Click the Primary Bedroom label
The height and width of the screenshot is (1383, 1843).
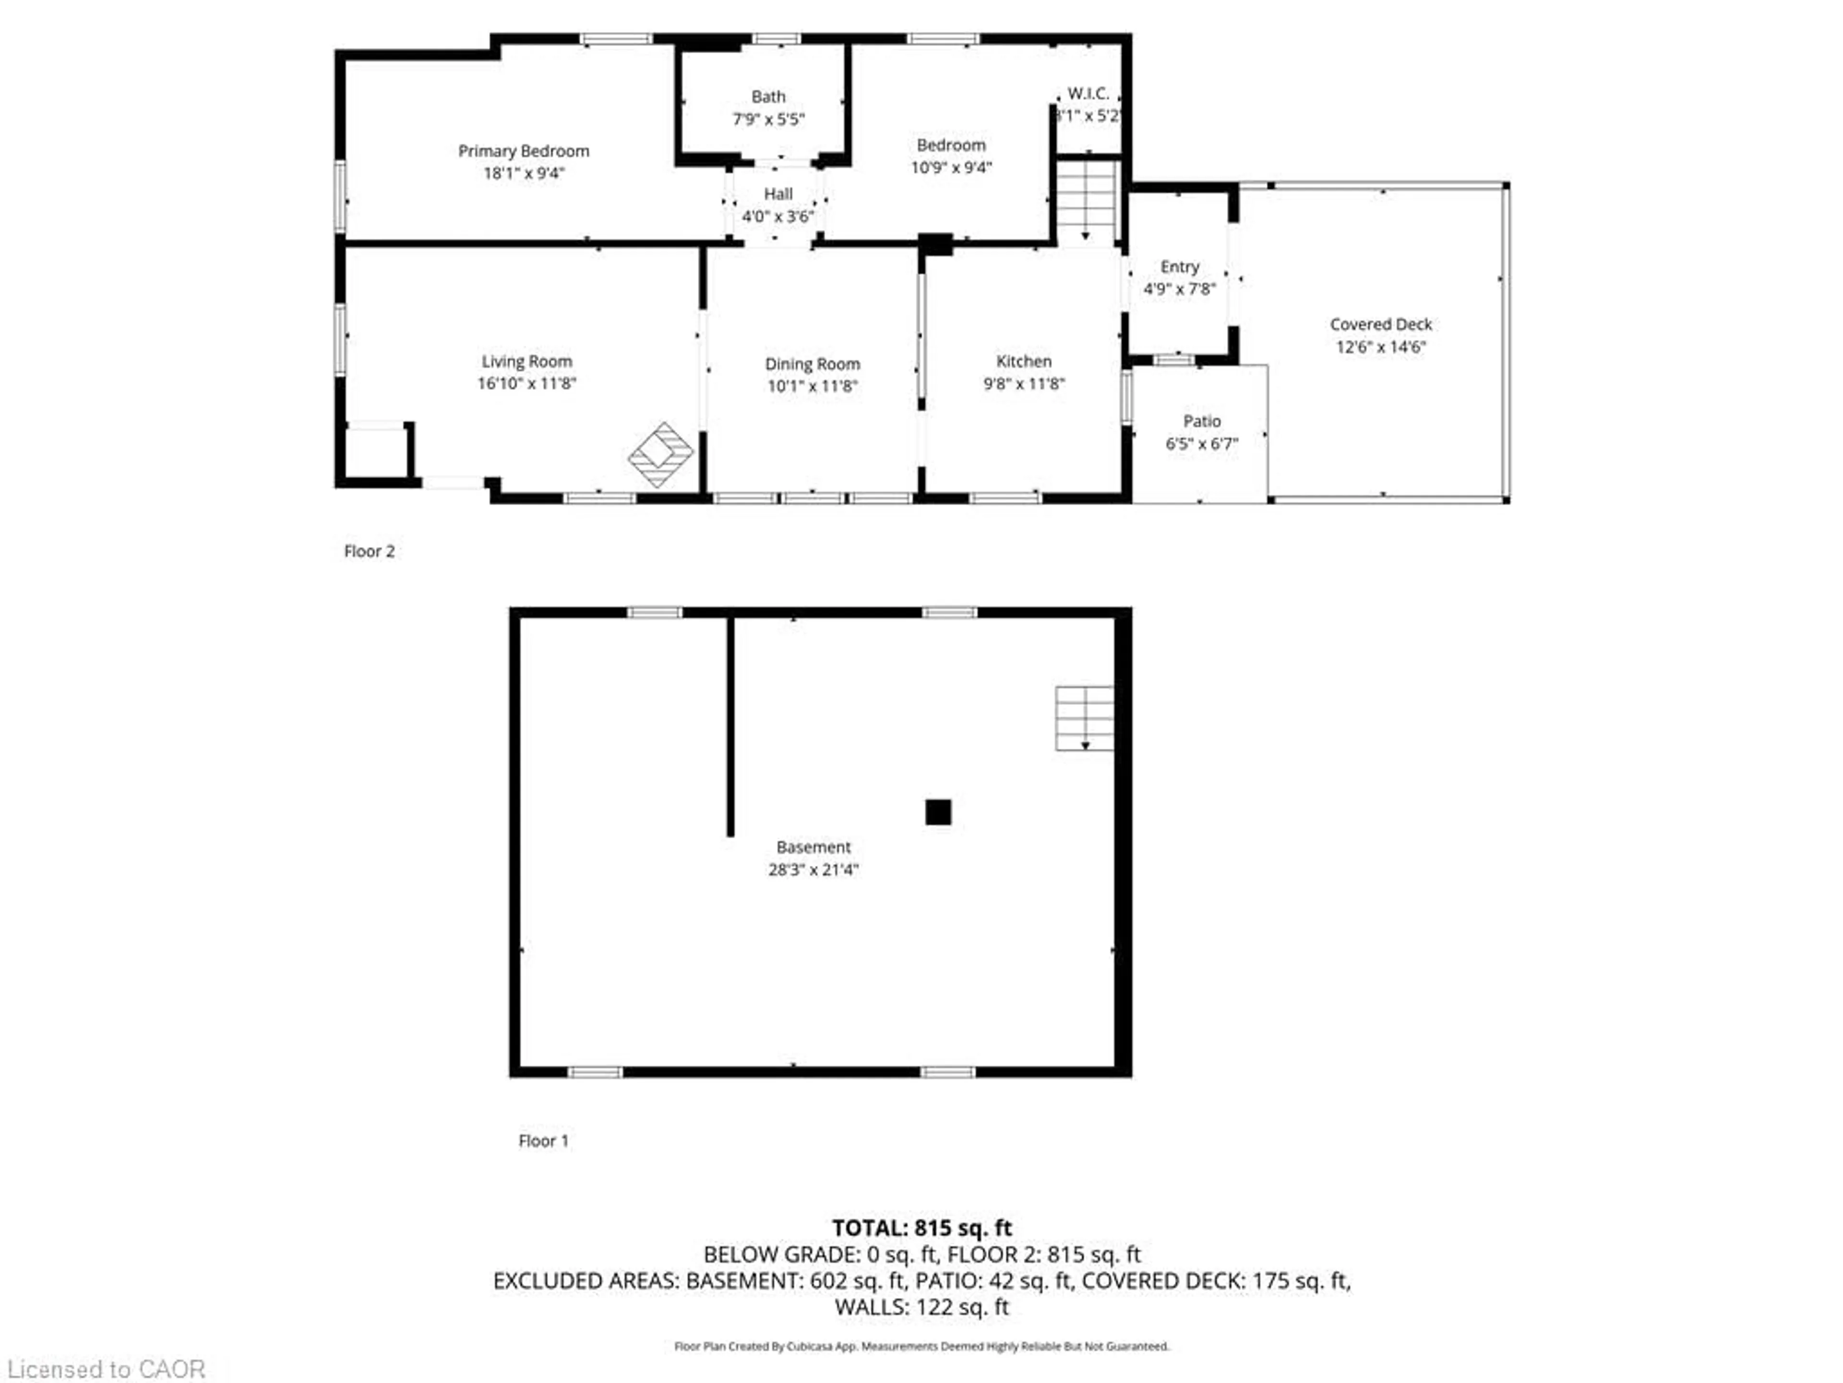click(x=523, y=151)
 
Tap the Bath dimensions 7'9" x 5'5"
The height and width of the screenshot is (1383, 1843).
click(x=768, y=119)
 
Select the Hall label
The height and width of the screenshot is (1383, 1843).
click(x=778, y=194)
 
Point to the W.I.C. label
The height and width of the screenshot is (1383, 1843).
click(x=1088, y=93)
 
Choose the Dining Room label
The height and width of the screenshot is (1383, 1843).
click(x=813, y=364)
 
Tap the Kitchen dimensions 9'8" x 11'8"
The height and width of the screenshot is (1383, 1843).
click(x=1024, y=384)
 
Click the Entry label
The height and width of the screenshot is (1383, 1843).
click(x=1180, y=267)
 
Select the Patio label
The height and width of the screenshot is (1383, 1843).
click(x=1201, y=421)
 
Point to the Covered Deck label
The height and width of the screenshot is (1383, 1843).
click(x=1381, y=324)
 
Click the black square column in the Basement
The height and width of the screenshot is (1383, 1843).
click(x=938, y=812)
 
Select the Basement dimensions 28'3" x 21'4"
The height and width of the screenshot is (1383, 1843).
click(x=813, y=870)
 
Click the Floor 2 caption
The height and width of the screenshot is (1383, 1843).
click(x=369, y=551)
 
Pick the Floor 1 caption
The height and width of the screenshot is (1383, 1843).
click(x=543, y=1140)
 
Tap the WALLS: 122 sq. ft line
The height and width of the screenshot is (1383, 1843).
click(x=921, y=1306)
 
